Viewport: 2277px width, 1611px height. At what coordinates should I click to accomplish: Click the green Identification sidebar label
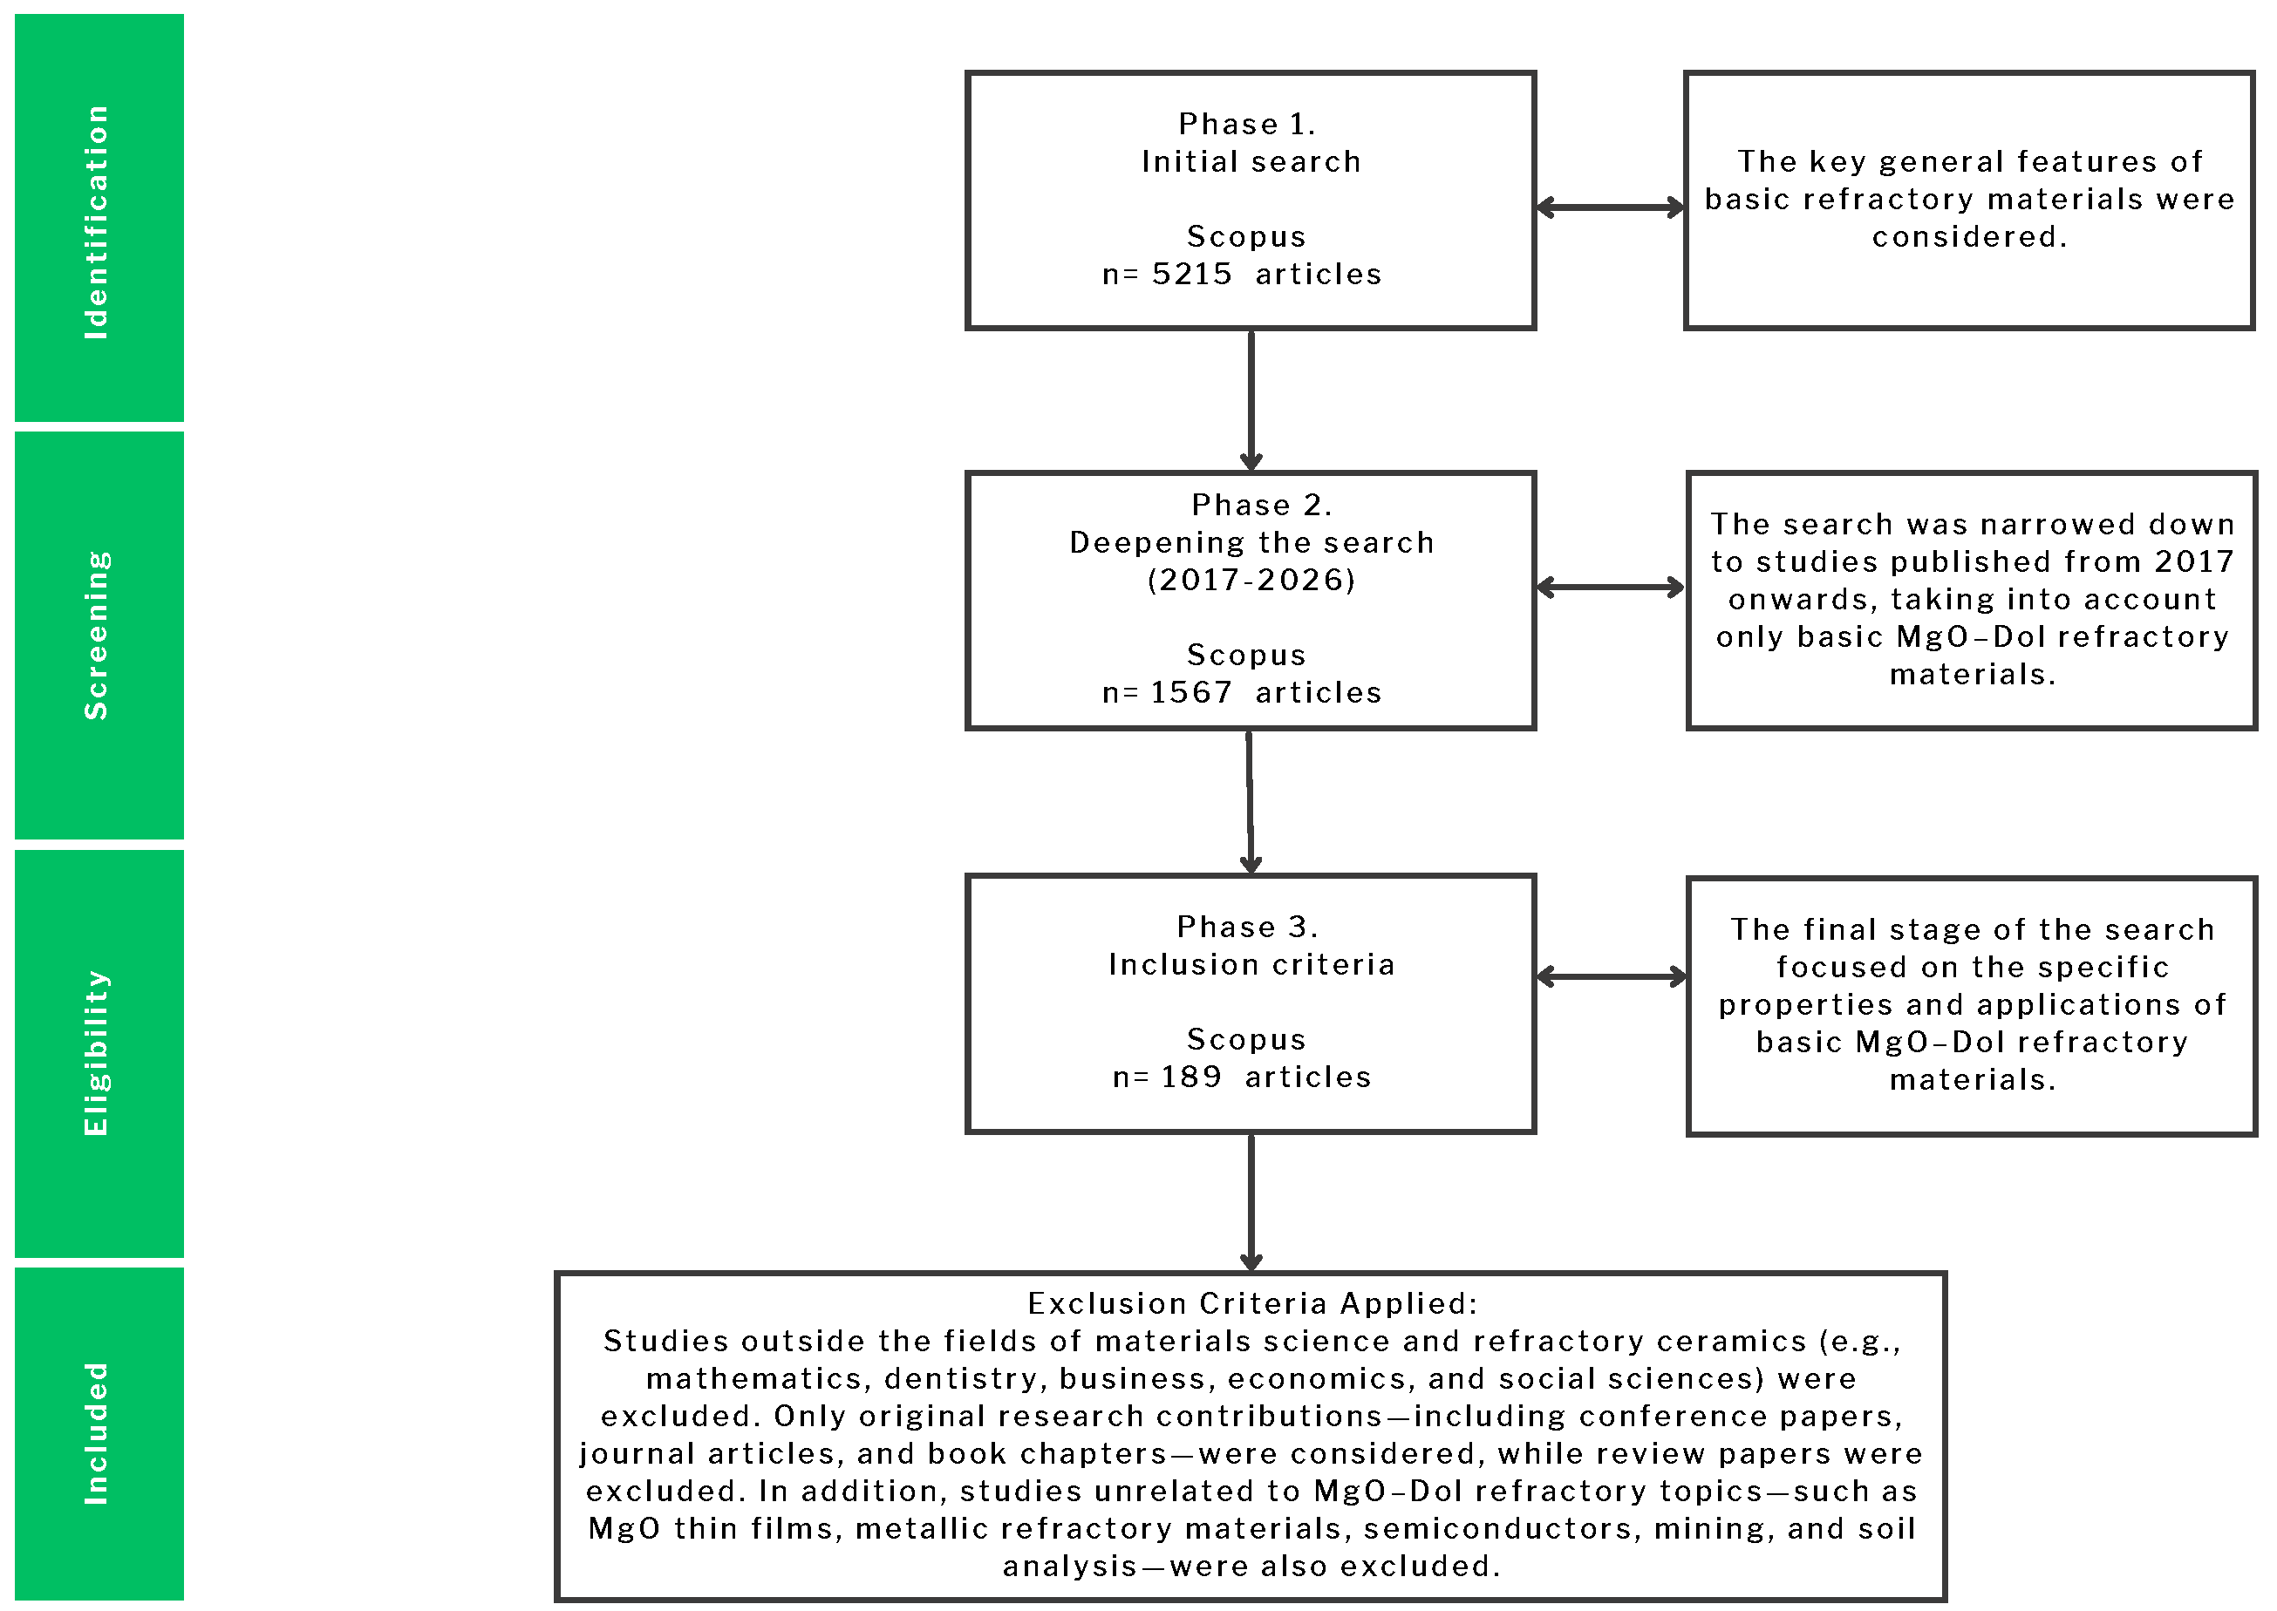pyautogui.click(x=97, y=222)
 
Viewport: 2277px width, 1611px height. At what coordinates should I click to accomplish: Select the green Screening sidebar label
pyautogui.click(x=97, y=636)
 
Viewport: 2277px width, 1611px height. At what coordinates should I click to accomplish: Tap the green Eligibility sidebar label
pyautogui.click(x=97, y=1053)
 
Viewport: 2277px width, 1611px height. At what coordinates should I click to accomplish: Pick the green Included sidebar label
pyautogui.click(x=97, y=1434)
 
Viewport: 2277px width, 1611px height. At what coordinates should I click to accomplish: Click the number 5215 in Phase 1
pyautogui.click(x=1191, y=274)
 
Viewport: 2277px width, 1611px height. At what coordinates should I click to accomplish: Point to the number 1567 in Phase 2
pyautogui.click(x=1190, y=692)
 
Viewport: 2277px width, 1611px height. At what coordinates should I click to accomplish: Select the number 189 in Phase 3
pyautogui.click(x=1191, y=1077)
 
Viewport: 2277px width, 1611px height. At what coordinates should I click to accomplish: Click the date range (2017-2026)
pyautogui.click(x=1251, y=581)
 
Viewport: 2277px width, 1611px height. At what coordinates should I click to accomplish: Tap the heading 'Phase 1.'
pyautogui.click(x=1247, y=124)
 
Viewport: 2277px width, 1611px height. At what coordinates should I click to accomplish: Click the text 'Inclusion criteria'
pyautogui.click(x=1251, y=965)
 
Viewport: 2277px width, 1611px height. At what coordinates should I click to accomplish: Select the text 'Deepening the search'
pyautogui.click(x=1251, y=542)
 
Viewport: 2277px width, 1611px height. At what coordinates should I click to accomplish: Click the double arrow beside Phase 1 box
pyautogui.click(x=1609, y=207)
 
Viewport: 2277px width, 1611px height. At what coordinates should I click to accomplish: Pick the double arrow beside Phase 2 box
pyautogui.click(x=1609, y=588)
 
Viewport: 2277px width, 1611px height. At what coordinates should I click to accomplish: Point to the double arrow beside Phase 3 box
pyautogui.click(x=1612, y=977)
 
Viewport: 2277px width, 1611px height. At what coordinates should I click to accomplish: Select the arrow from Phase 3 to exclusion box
pyautogui.click(x=1251, y=1202)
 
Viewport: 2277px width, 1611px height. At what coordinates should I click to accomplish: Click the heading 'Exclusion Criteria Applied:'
pyautogui.click(x=1251, y=1303)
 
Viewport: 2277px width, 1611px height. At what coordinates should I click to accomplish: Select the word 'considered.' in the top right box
pyautogui.click(x=1968, y=237)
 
